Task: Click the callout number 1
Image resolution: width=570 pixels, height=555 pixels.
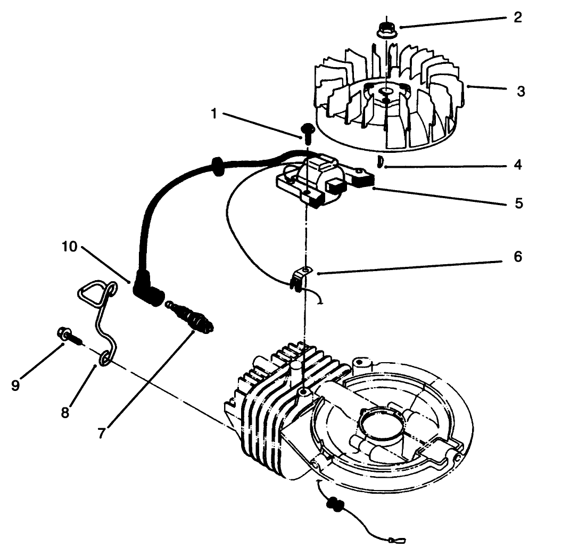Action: [214, 115]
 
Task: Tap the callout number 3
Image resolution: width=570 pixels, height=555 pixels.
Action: [521, 91]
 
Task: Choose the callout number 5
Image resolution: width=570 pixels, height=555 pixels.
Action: [519, 203]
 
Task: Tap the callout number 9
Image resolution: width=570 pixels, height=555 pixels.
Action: [15, 385]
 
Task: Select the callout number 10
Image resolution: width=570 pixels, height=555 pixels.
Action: [69, 247]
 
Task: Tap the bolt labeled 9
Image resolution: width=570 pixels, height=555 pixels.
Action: [67, 336]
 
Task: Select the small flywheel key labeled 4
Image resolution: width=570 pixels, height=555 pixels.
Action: [379, 161]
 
